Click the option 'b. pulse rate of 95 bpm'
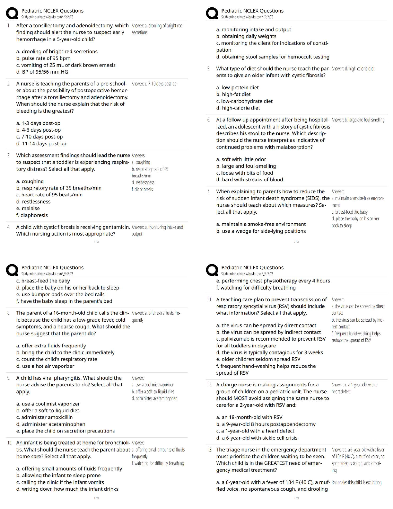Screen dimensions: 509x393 click(43, 58)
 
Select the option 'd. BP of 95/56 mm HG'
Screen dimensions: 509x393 click(42, 72)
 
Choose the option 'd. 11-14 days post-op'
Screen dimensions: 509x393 click(41, 144)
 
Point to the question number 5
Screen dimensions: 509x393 click(209, 68)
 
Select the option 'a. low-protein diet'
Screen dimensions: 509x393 click(237, 87)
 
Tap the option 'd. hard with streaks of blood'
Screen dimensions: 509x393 click(249, 180)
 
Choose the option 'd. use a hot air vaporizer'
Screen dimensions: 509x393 click(45, 366)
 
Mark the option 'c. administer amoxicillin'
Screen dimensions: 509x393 click(44, 417)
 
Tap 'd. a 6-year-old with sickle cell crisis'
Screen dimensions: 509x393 click(257, 438)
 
